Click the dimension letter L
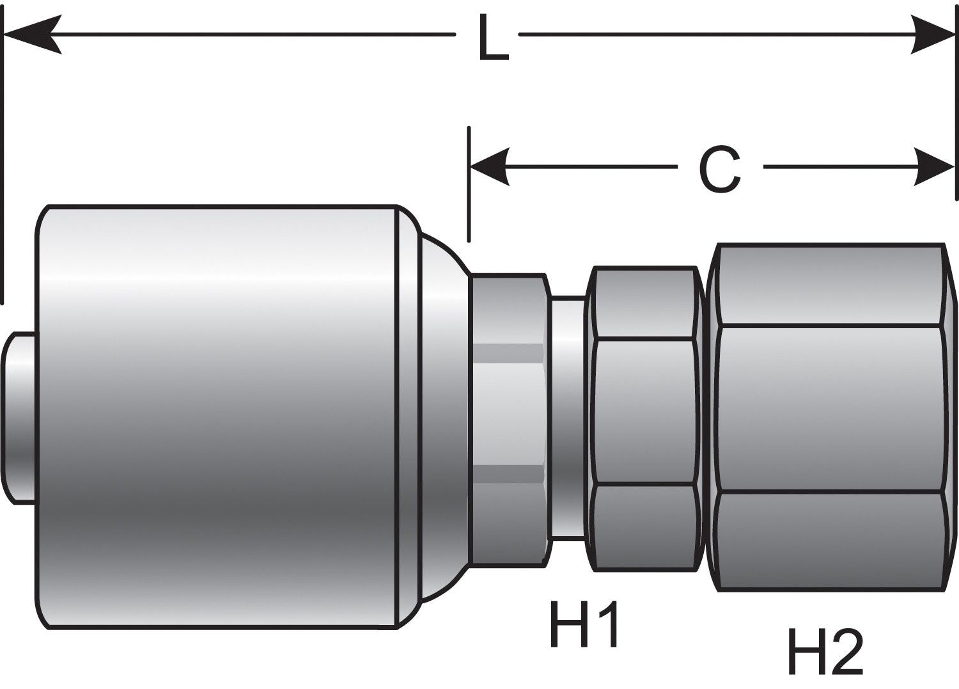pos(493,40)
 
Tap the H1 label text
pos(584,624)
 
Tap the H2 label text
pos(825,651)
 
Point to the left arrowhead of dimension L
pos(32,33)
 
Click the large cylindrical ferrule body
pos(217,416)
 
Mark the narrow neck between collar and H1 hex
pos(568,416)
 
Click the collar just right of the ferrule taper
pos(508,416)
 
